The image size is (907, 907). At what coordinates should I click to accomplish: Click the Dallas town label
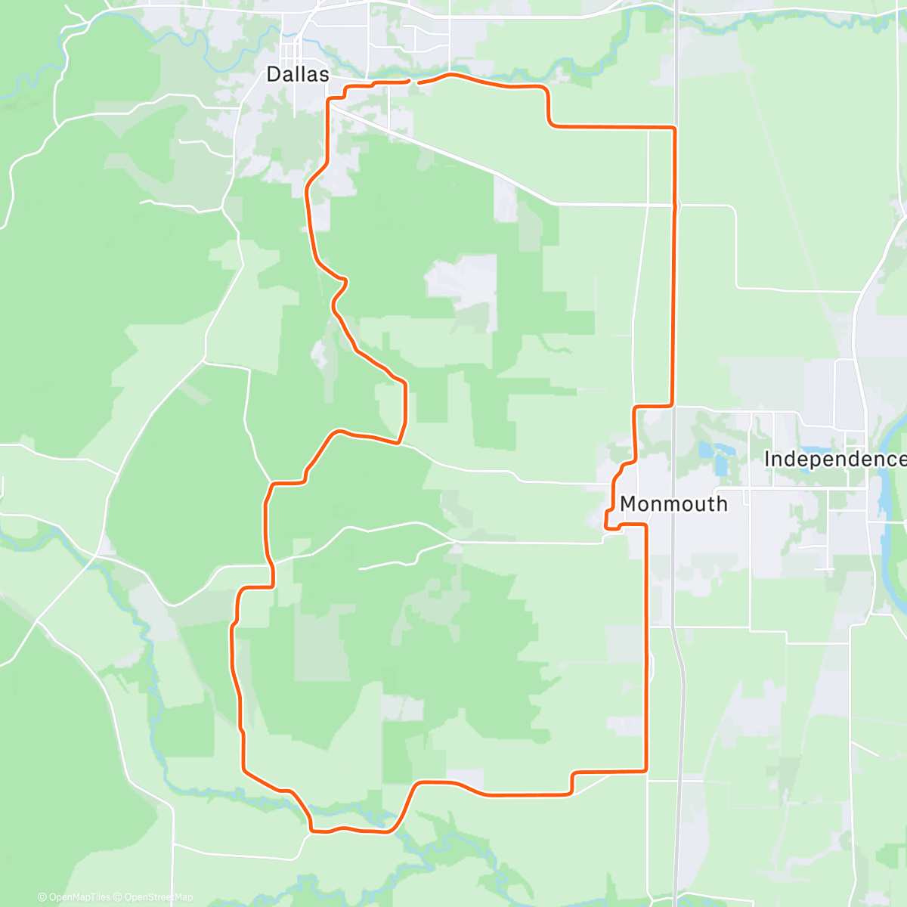[x=298, y=74]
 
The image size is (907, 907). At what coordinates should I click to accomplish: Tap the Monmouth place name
[x=673, y=504]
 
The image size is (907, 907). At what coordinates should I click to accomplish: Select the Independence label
[x=834, y=459]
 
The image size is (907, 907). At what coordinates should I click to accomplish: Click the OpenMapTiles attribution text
[x=74, y=897]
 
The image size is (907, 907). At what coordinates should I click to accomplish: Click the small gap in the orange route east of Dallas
[x=413, y=80]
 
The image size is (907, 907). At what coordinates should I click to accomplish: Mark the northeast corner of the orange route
[x=673, y=129]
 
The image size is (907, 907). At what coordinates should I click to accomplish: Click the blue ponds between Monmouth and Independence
[x=714, y=453]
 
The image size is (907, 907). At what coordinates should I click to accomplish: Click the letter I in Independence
[x=767, y=459]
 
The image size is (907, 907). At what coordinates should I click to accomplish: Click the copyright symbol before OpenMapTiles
[x=42, y=897]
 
